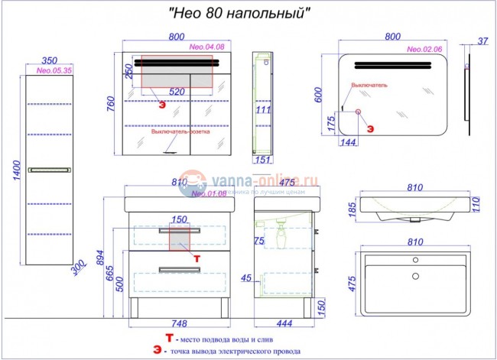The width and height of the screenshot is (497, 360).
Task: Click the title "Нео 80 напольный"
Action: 239,13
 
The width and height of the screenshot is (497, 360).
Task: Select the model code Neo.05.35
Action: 50,69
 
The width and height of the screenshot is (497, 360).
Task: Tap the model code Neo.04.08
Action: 206,47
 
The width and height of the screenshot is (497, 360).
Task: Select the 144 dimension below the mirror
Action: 348,143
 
